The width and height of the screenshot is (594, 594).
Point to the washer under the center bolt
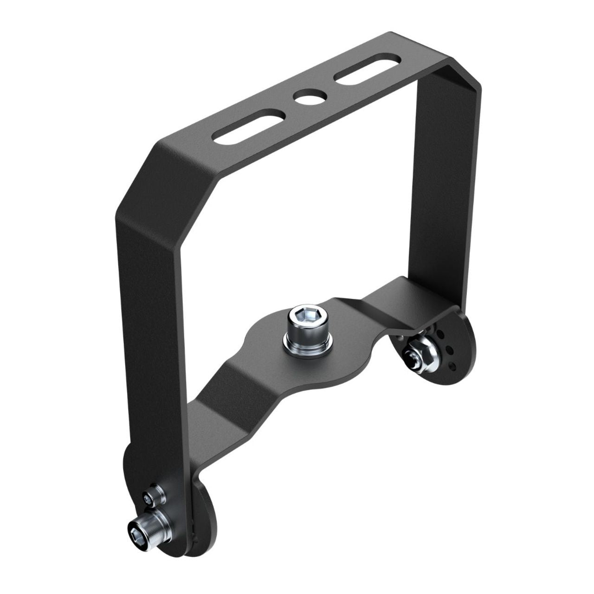pos(308,345)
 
